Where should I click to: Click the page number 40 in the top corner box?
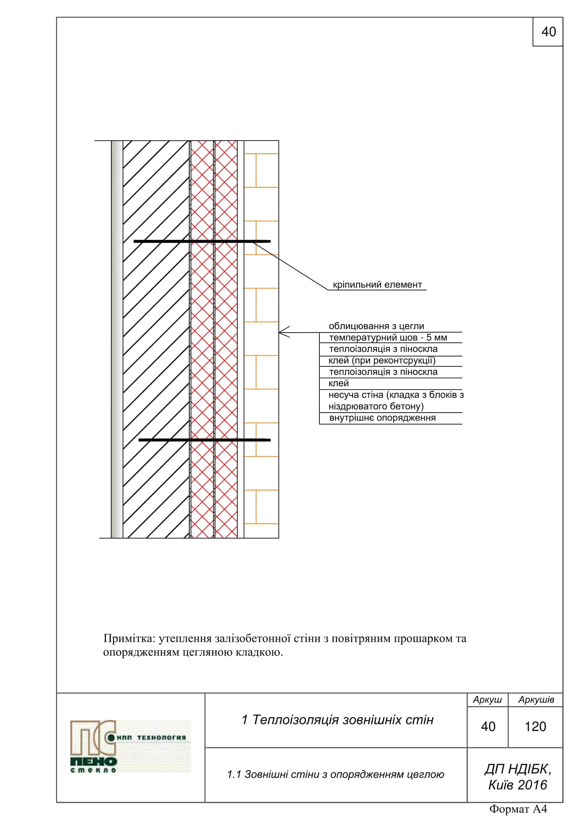548,32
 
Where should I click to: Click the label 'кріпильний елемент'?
377,285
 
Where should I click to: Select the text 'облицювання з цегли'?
376,326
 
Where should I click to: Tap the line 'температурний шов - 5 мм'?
388,338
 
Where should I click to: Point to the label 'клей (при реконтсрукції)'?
382,361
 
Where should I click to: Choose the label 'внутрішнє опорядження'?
382,418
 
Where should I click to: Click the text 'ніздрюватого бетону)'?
376,406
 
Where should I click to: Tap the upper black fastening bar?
202,242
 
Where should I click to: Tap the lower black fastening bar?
205,440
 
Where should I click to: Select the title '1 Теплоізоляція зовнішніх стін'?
337,720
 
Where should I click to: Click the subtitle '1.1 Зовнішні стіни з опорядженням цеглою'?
335,775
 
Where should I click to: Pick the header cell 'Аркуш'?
487,700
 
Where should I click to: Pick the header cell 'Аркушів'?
536,700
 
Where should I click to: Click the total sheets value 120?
535,727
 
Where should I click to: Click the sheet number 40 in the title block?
488,727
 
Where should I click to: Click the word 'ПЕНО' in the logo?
94,761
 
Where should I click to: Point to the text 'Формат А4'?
518,809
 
